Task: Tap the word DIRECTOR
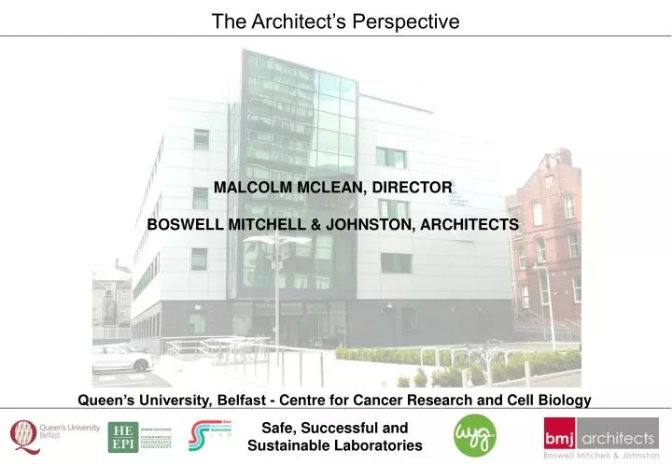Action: click(413, 188)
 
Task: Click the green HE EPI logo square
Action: click(121, 436)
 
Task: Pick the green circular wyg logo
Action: click(474, 435)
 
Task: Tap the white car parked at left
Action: click(119, 358)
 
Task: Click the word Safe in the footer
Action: click(278, 429)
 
